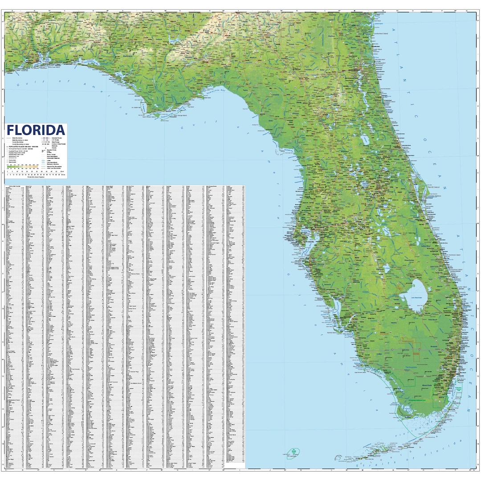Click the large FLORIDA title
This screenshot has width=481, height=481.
(36, 130)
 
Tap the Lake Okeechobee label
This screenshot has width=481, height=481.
(416, 297)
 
